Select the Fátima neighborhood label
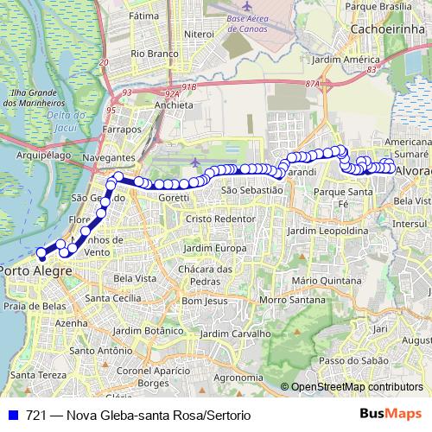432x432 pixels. point(143,16)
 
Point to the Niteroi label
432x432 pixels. point(198,34)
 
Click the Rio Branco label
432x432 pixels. point(149,53)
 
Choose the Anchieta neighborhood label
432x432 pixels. point(173,105)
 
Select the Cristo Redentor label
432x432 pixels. point(222,219)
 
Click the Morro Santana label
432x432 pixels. point(284,300)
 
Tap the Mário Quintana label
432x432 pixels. point(327,281)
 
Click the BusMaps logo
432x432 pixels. point(391,415)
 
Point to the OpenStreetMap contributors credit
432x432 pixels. point(357,386)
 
